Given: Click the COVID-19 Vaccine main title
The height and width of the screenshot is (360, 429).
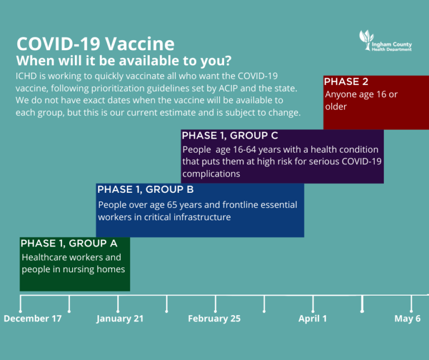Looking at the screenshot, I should [95, 44].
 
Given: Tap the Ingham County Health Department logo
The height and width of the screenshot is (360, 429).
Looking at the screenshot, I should [385, 42].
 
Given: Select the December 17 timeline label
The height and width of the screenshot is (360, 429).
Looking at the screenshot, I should [32, 319].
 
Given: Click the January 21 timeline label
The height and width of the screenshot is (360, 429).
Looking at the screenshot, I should [120, 319].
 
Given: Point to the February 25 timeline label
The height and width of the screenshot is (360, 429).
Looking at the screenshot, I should [214, 319].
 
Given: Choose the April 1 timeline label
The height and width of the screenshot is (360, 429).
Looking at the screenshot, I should [312, 319].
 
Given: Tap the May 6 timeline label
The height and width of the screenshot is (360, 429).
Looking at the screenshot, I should [407, 319].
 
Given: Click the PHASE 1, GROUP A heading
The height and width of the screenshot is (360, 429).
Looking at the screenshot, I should [69, 244].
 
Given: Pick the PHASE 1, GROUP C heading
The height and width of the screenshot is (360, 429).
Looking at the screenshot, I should [230, 136].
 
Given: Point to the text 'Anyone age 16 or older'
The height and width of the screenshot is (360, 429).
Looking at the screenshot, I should [361, 100].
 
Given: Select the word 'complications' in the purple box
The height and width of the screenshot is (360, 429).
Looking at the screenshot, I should [211, 173].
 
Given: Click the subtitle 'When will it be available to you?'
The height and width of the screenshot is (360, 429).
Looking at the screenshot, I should [124, 60].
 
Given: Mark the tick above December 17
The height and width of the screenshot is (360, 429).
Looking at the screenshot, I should [21, 304].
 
